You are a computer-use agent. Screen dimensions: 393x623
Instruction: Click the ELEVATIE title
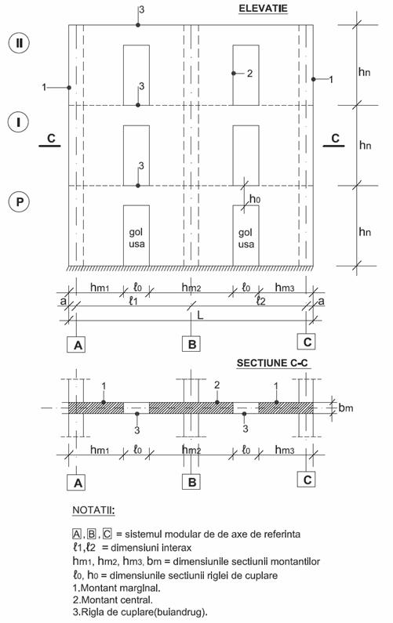pyautogui.click(x=263, y=9)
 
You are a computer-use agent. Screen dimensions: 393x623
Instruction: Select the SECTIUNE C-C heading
pyautogui.click(x=272, y=363)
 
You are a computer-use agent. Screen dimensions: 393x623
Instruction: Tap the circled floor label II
pyautogui.click(x=19, y=42)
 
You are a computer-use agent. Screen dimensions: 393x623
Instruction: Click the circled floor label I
pyautogui.click(x=18, y=122)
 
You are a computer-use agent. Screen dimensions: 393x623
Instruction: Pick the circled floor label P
pyautogui.click(x=19, y=202)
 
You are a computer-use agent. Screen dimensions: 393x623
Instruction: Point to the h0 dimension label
pyautogui.click(x=255, y=198)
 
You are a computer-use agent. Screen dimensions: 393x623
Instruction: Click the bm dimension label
pyautogui.click(x=346, y=407)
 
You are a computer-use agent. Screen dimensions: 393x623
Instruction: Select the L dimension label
pyautogui.click(x=200, y=315)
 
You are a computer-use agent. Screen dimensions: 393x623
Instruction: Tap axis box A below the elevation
pyautogui.click(x=78, y=345)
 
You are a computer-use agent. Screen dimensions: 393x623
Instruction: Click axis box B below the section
pyautogui.click(x=191, y=482)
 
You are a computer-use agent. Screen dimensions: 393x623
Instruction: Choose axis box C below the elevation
pyautogui.click(x=306, y=342)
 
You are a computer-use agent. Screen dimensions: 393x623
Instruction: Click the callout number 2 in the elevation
pyautogui.click(x=249, y=74)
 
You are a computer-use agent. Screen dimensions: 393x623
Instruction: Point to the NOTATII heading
pyautogui.click(x=93, y=510)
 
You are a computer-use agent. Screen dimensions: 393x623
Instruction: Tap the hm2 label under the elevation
pyautogui.click(x=191, y=288)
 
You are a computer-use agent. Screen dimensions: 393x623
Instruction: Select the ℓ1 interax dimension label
pyautogui.click(x=133, y=301)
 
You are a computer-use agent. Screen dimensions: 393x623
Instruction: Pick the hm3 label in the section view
pyautogui.click(x=285, y=450)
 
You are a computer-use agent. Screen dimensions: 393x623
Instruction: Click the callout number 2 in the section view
pyautogui.click(x=217, y=385)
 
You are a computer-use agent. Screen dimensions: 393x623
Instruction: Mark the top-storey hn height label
pyautogui.click(x=364, y=72)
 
